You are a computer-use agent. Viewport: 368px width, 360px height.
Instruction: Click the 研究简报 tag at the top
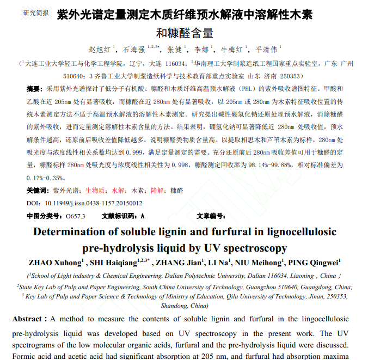[x=36, y=13]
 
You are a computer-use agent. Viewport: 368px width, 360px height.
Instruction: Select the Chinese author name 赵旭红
[x=99, y=50]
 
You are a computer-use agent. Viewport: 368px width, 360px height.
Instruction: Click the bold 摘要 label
[x=34, y=89]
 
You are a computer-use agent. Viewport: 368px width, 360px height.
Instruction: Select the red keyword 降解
[x=157, y=191]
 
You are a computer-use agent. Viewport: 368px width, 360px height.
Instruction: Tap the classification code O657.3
[x=76, y=216]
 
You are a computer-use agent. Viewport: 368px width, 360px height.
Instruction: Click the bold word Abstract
[x=27, y=319]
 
